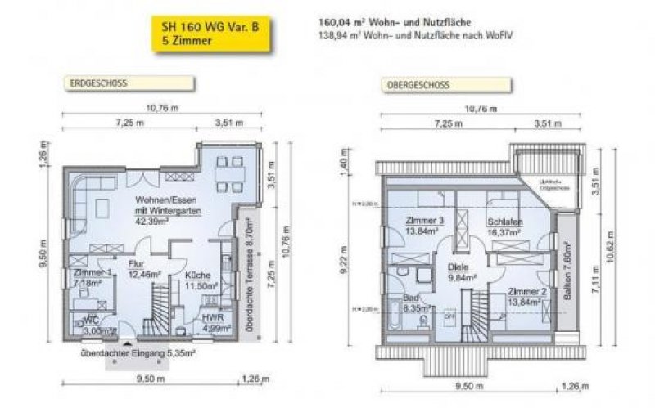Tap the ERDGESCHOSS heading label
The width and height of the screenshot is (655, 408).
click(97, 83)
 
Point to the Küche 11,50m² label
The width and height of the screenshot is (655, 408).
click(201, 280)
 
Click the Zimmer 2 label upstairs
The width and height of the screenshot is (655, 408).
click(527, 297)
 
